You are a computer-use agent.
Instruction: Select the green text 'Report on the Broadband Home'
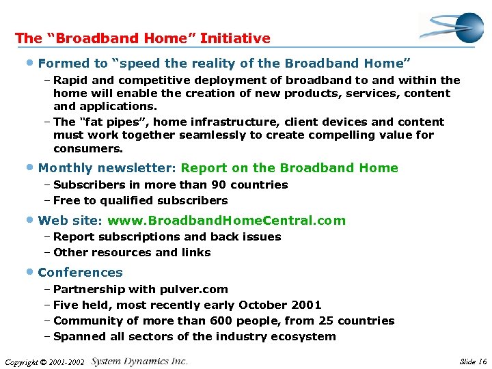[290, 168]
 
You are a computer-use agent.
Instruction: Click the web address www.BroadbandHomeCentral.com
[226, 221]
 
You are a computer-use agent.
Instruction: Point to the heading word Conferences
[80, 273]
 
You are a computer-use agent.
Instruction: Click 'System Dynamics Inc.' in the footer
[139, 361]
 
